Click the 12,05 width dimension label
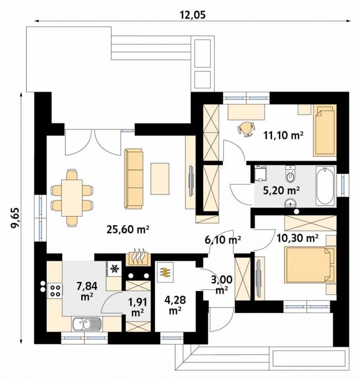[x=192, y=15]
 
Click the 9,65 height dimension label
[x=15, y=218]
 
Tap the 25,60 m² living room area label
[x=128, y=229]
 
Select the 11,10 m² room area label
[x=283, y=135]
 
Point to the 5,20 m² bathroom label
[x=281, y=190]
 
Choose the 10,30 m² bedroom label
[x=297, y=239]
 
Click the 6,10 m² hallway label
[x=223, y=240]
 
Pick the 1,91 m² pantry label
[x=137, y=307]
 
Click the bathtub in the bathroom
[x=325, y=186]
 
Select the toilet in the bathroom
[x=290, y=174]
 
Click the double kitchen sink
[x=87, y=324]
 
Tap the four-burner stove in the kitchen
[x=55, y=291]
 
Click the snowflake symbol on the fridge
[x=114, y=268]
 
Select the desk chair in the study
[x=246, y=129]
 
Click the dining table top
[x=72, y=197]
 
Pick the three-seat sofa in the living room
[x=134, y=178]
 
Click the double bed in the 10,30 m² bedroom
[x=310, y=265]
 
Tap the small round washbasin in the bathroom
[x=290, y=203]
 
